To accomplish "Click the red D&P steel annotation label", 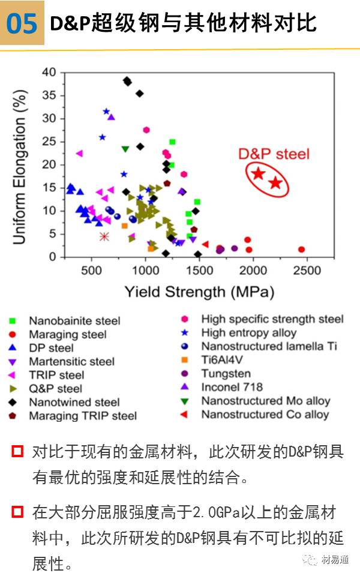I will point(274,154).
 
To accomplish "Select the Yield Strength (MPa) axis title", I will point(199,292).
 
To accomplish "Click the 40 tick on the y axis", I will point(48,73).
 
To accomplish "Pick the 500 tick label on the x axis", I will point(91,271).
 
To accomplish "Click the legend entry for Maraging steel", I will point(67,334).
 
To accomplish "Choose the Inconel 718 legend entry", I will point(232,387).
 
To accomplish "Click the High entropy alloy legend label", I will point(248,332).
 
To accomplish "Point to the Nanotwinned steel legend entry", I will point(74,402).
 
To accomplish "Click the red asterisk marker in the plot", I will point(104,236).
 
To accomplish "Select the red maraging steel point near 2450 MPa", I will point(301,249).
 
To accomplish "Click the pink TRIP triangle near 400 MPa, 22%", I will point(79,154).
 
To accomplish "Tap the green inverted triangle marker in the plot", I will point(125,149).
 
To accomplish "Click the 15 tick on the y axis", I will point(48,188).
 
